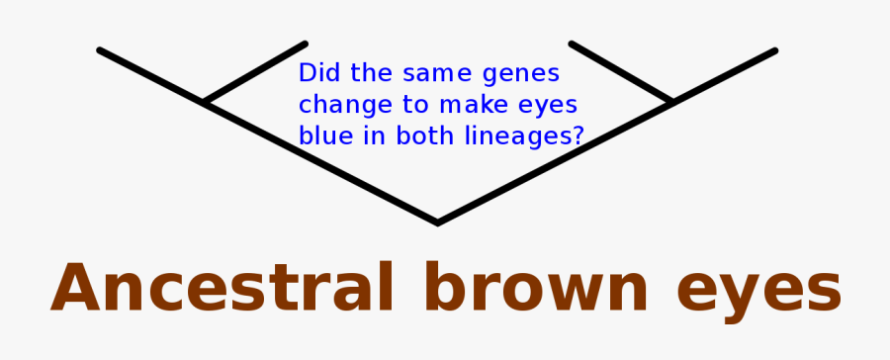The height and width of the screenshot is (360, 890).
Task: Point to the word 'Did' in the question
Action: (316, 73)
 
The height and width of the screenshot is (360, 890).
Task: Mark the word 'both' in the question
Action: (429, 136)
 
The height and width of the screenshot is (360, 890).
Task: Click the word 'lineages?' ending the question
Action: (523, 137)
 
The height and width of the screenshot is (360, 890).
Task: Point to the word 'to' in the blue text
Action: (401, 105)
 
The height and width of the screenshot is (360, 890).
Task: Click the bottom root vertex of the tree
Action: (437, 223)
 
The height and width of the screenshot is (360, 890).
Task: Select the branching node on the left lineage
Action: (205, 102)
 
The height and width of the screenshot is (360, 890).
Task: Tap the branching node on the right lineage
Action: (672, 101)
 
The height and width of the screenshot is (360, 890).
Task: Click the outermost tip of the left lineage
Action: (100, 50)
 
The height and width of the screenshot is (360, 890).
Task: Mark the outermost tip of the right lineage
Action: (774, 50)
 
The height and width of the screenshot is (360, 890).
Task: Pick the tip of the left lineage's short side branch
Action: (305, 45)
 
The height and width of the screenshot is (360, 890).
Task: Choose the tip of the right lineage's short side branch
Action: (573, 45)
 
